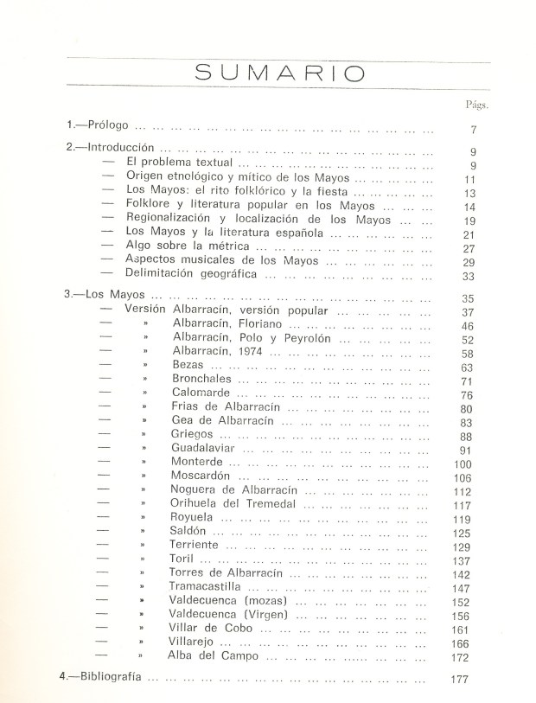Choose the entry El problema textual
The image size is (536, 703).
[177, 163]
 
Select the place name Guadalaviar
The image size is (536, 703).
[206, 449]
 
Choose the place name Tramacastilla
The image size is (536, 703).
[212, 587]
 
